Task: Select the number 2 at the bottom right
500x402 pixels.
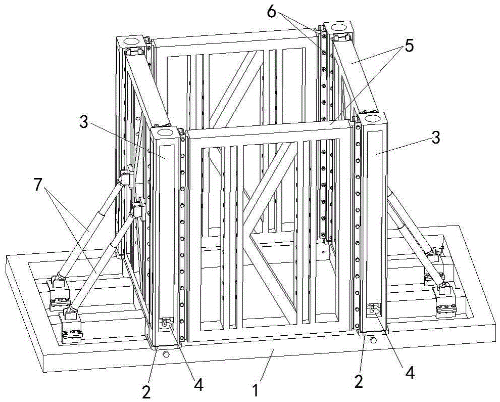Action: tap(359, 379)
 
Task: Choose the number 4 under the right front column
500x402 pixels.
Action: tap(410, 373)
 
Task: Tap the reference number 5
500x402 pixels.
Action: tap(409, 46)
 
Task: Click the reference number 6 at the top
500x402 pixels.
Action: tap(272, 12)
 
